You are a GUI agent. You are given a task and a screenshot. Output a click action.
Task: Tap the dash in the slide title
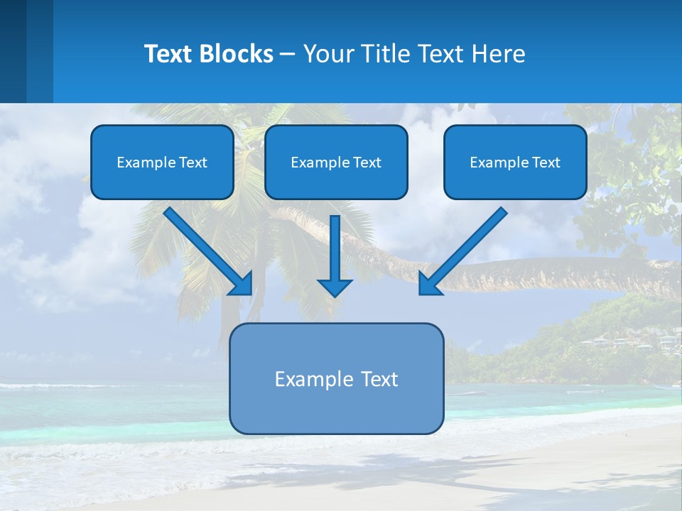288,55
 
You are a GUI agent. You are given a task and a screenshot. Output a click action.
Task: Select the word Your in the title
329,55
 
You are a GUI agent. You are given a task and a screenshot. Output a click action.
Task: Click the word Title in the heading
384,54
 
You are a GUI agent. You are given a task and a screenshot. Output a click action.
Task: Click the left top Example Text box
162,162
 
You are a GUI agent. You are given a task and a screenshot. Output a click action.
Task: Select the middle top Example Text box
336,162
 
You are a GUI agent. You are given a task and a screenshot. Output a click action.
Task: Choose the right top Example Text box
515,162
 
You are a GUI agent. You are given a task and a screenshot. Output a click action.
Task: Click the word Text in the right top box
546,163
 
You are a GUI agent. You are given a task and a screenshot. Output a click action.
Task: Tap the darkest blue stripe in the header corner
13,51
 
